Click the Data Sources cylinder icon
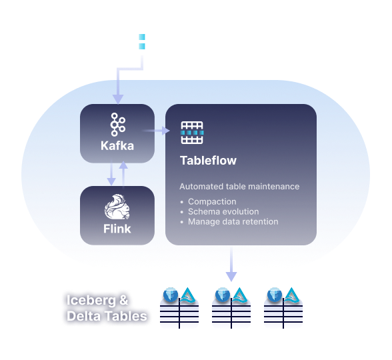(141, 37)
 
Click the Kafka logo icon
(118, 125)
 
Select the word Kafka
(118, 145)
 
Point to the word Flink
(117, 229)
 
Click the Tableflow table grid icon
(193, 133)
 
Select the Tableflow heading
(208, 161)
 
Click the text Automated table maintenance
(239, 187)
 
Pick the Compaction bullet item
(212, 201)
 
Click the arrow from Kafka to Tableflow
(159, 131)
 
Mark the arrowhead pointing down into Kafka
(118, 99)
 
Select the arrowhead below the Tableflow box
(231, 275)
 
